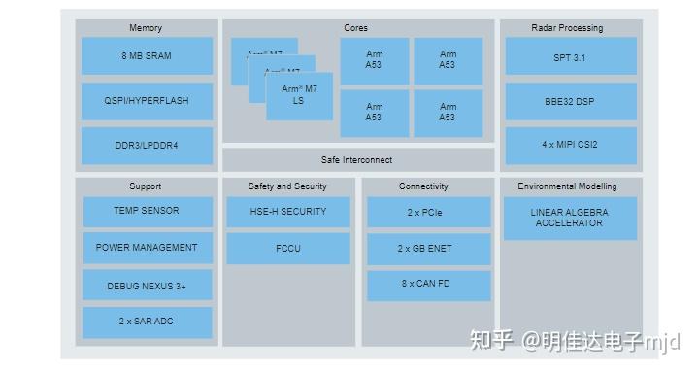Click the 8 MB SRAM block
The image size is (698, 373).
pyautogui.click(x=146, y=56)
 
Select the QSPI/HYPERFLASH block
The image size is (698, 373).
pyautogui.click(x=146, y=101)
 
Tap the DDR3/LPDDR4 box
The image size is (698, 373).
pyautogui.click(x=146, y=146)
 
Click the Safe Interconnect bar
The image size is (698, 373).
pyautogui.click(x=357, y=159)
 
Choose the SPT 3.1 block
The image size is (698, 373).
pyautogui.click(x=569, y=57)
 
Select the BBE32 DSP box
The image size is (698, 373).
pyautogui.click(x=569, y=101)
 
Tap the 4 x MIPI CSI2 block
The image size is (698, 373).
pyautogui.click(x=569, y=145)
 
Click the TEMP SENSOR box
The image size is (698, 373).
pyautogui.click(x=146, y=211)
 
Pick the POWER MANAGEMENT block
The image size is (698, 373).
pyautogui.click(x=146, y=248)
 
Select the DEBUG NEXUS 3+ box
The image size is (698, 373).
pyautogui.click(x=146, y=286)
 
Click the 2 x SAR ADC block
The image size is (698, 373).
pyautogui.click(x=146, y=322)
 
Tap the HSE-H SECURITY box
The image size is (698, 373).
pyautogui.click(x=287, y=212)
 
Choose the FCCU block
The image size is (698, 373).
pyautogui.click(x=287, y=249)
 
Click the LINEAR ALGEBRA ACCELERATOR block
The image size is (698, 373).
pyautogui.click(x=569, y=218)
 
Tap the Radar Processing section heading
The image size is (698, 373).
pyautogui.click(x=567, y=28)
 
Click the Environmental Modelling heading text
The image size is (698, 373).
pyautogui.click(x=567, y=186)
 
